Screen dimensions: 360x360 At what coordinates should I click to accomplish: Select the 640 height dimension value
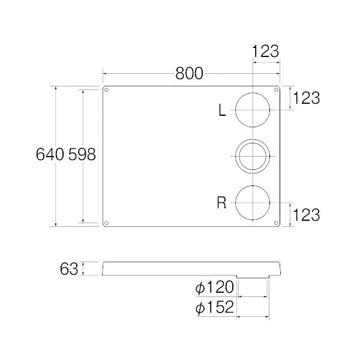(x=50, y=155)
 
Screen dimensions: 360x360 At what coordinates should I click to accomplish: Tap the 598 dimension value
(x=81, y=155)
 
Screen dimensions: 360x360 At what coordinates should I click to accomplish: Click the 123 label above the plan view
(x=266, y=52)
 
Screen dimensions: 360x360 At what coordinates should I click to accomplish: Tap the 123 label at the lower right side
(x=307, y=214)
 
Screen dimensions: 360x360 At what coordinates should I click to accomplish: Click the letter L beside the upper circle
(x=222, y=110)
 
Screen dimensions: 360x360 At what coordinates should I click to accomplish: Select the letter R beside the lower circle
(x=221, y=203)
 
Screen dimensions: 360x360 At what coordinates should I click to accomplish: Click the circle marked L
(x=253, y=110)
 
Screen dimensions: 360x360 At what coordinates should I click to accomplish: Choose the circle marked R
(x=253, y=202)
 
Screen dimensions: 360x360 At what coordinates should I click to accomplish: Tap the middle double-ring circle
(x=253, y=156)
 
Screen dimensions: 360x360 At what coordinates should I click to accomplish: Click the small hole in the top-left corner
(x=107, y=91)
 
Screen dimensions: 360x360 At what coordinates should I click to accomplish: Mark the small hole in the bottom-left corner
(x=107, y=223)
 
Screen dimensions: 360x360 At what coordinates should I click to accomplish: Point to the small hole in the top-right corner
(x=277, y=91)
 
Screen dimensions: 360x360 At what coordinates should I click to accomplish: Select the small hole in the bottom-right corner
(x=277, y=223)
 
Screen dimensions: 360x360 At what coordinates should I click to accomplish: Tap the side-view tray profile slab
(x=180, y=268)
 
